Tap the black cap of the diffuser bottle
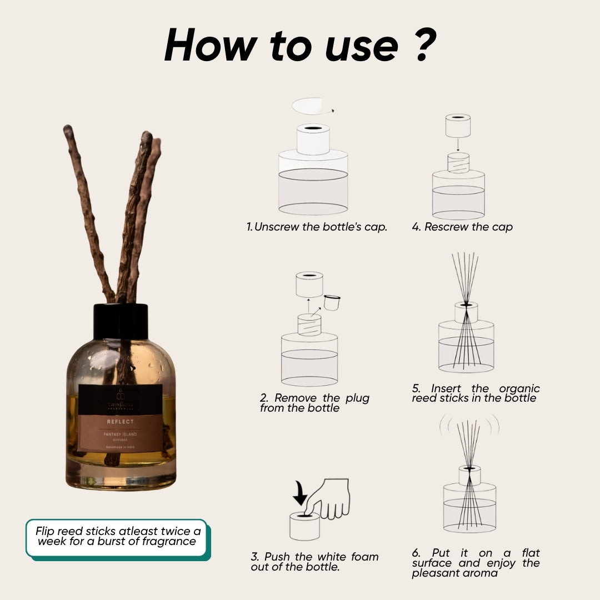[x=121, y=321]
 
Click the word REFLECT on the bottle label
[x=121, y=422]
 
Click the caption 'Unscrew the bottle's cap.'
[x=317, y=227]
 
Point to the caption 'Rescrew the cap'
[x=462, y=227]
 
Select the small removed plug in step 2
[x=332, y=303]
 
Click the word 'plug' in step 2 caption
[x=357, y=398]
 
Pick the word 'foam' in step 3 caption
[x=364, y=557]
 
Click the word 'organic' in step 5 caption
[x=519, y=388]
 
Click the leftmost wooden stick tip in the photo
[x=68, y=130]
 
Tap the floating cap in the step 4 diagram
[x=458, y=126]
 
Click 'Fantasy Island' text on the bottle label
[x=121, y=434]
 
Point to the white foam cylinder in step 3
[x=304, y=526]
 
